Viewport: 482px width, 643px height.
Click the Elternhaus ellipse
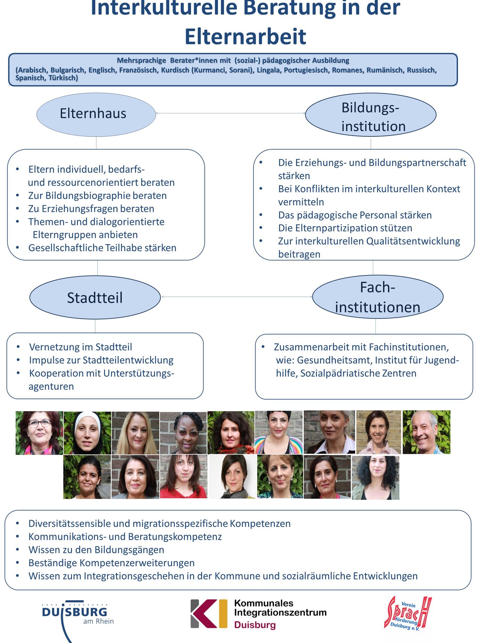click(x=96, y=115)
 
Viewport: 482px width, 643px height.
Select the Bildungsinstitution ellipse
click(x=371, y=115)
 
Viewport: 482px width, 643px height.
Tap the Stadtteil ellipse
click(x=95, y=297)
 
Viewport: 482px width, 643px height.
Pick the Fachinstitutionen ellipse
click(x=378, y=297)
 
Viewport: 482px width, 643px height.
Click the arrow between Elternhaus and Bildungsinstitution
click(x=230, y=113)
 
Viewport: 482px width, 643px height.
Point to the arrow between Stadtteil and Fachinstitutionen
click(x=236, y=297)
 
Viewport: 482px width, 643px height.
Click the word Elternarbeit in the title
click(x=245, y=37)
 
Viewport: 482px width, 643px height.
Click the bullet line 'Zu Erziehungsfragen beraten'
click(x=91, y=208)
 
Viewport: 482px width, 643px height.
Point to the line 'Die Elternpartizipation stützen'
click(x=345, y=228)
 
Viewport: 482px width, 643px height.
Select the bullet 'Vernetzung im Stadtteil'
click(x=81, y=347)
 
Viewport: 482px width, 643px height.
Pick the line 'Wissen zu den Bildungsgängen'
click(x=96, y=550)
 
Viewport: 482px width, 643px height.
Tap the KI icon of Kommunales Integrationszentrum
click(x=209, y=614)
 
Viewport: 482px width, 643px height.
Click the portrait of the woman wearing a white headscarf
click(x=87, y=433)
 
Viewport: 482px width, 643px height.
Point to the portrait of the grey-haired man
click(x=426, y=432)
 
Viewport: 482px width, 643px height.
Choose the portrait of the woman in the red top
click(x=183, y=476)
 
